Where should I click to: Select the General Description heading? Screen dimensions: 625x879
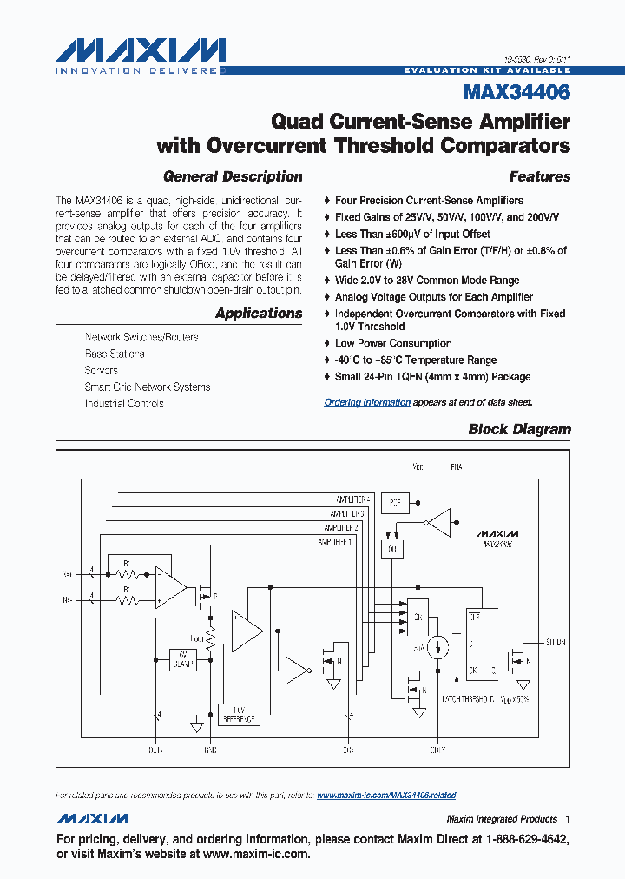(x=233, y=176)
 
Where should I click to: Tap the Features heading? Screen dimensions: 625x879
(x=539, y=176)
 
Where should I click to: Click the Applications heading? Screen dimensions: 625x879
(x=259, y=313)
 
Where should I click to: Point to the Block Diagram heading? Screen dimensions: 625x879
(x=519, y=429)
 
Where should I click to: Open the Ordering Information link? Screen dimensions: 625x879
(x=367, y=402)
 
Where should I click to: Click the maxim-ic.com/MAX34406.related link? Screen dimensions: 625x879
(x=386, y=795)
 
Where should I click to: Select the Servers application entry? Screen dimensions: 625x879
(x=102, y=370)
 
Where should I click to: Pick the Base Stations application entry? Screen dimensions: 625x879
(x=115, y=354)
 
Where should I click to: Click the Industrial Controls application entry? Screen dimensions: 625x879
(x=124, y=403)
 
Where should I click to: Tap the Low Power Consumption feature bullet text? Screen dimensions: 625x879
(x=393, y=343)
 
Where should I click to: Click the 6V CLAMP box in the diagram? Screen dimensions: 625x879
(x=183, y=659)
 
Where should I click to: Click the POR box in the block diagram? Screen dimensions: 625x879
(x=395, y=502)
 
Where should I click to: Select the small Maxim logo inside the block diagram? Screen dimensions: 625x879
(x=497, y=532)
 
